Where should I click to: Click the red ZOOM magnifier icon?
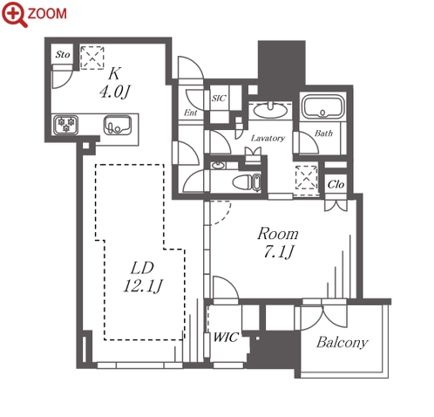(x=15, y=14)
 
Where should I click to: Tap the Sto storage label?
(x=63, y=54)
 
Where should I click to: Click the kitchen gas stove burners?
(x=65, y=125)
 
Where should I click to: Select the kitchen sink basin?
(x=118, y=126)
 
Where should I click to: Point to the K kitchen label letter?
(x=114, y=73)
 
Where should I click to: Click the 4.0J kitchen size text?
(x=114, y=92)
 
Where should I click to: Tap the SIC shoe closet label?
(x=219, y=98)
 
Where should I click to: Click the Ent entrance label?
(x=191, y=113)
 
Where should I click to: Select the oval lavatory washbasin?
(x=270, y=110)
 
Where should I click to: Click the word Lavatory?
(x=268, y=138)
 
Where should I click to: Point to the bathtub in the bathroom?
(x=323, y=106)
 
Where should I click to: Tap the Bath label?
(x=323, y=133)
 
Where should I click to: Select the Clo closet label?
(x=336, y=184)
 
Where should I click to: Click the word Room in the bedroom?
(x=278, y=234)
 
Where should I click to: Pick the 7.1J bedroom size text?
(x=279, y=252)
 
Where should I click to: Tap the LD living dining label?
(x=142, y=268)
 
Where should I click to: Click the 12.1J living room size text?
(x=143, y=286)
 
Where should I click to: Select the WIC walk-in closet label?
(x=226, y=338)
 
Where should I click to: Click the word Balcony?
(x=342, y=343)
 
